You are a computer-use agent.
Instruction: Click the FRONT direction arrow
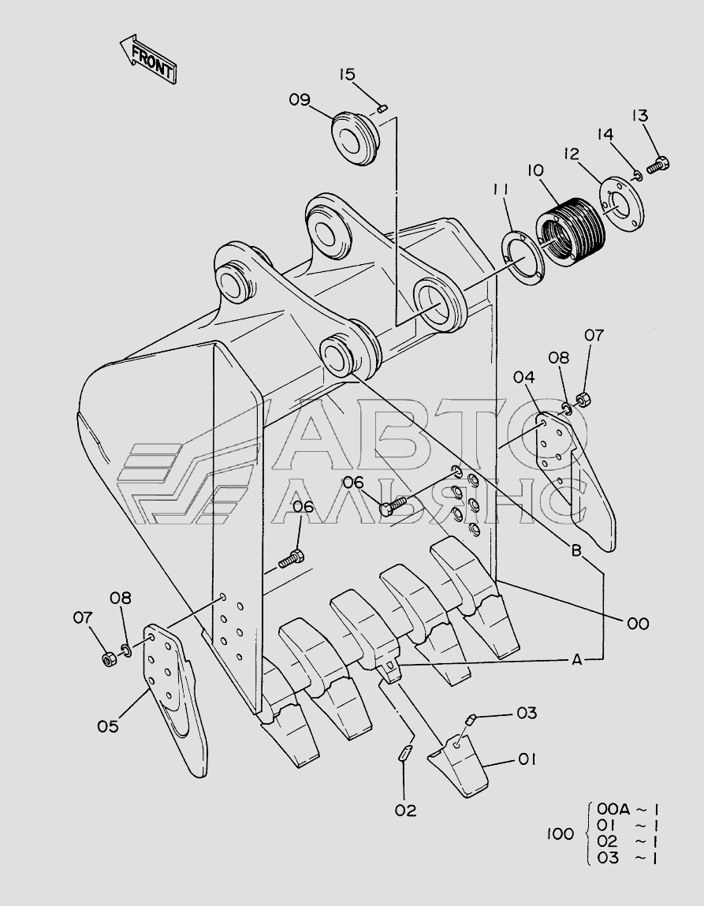coord(148,59)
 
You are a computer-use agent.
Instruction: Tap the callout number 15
coord(347,75)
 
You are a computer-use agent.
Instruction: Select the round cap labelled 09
coord(356,138)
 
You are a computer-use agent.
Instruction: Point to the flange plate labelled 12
coord(621,204)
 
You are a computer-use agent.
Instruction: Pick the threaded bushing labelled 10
coord(571,231)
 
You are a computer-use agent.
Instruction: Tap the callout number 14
coord(605,135)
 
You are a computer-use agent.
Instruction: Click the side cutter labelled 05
coord(174,699)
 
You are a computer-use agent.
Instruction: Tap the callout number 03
coord(527,713)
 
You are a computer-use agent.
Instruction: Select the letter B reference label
coord(576,550)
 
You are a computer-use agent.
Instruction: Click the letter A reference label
coord(576,659)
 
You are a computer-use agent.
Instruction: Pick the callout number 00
coord(638,624)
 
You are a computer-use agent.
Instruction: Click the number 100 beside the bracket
coord(560,833)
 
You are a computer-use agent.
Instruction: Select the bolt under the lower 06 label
coord(292,559)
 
